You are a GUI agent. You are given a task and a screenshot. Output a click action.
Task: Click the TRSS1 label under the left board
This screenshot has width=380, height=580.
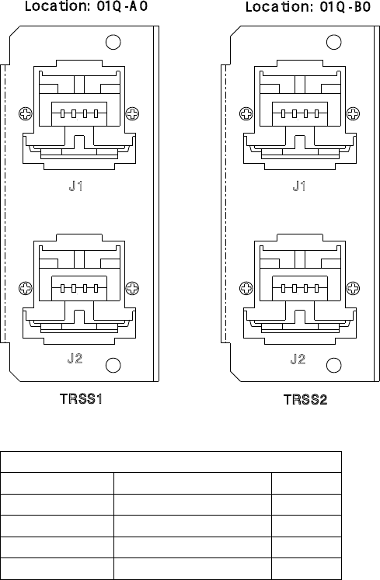[x=81, y=399]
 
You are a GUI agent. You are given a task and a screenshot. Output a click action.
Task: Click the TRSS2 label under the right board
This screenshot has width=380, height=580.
[x=305, y=400]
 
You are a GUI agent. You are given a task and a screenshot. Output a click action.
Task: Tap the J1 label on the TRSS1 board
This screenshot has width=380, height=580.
[x=76, y=186]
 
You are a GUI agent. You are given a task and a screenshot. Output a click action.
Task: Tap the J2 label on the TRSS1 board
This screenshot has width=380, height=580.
[x=75, y=358]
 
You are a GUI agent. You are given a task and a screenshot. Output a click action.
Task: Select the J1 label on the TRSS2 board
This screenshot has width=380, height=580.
[x=299, y=186]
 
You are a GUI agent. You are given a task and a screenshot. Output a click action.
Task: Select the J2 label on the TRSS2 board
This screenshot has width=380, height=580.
[x=298, y=359]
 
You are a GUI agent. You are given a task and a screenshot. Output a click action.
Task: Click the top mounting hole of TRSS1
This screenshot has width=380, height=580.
[x=113, y=42]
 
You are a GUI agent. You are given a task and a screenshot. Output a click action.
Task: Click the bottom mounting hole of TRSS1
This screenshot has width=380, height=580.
[x=113, y=366]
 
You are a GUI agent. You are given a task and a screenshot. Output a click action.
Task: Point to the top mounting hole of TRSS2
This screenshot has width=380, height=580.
[x=333, y=42]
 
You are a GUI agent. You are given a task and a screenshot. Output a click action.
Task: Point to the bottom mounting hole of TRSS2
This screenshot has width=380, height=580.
[x=333, y=366]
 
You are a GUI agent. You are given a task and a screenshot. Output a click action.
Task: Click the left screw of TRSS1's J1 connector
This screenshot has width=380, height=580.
[x=26, y=113]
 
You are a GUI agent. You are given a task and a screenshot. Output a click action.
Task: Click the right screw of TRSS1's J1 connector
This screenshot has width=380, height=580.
[x=132, y=113]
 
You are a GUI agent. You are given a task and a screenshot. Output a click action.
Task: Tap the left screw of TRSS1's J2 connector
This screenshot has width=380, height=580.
[x=26, y=288]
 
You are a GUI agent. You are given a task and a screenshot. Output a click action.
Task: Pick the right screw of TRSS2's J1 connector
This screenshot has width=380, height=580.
[x=353, y=113]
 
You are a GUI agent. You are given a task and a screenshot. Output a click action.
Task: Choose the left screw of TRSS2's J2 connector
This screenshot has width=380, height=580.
[x=246, y=288]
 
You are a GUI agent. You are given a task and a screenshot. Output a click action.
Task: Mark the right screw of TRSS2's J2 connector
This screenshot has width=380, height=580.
[x=353, y=288]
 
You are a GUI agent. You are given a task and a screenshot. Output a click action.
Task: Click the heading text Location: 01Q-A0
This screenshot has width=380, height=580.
[x=86, y=6]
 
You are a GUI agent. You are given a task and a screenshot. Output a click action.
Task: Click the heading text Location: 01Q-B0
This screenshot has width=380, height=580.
[x=309, y=7]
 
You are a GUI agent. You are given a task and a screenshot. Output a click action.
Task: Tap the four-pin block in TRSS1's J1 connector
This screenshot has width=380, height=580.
[x=79, y=113]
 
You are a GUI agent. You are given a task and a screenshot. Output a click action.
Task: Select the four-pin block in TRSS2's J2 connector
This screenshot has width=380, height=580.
[x=300, y=288]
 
